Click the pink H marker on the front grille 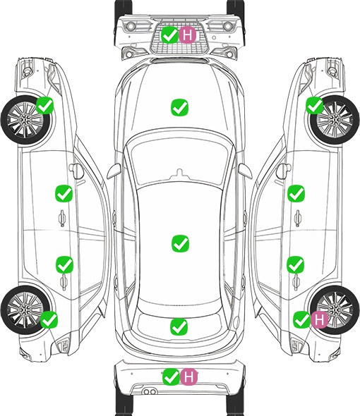187,35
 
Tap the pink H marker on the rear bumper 188,377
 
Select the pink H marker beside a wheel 319,319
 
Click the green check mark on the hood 179,107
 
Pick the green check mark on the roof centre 180,243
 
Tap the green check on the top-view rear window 179,326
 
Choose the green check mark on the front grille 169,35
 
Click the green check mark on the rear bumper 171,377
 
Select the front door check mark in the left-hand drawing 64,193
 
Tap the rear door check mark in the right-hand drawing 296,264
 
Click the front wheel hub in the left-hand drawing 25,120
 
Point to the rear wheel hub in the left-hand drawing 25,310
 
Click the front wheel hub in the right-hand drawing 335,120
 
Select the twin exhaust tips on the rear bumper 150,391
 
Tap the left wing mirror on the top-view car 114,171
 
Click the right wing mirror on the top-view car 245,171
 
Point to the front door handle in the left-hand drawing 62,218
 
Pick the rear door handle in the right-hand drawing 296,282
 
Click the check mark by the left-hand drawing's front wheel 44,105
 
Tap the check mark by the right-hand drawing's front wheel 315,105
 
